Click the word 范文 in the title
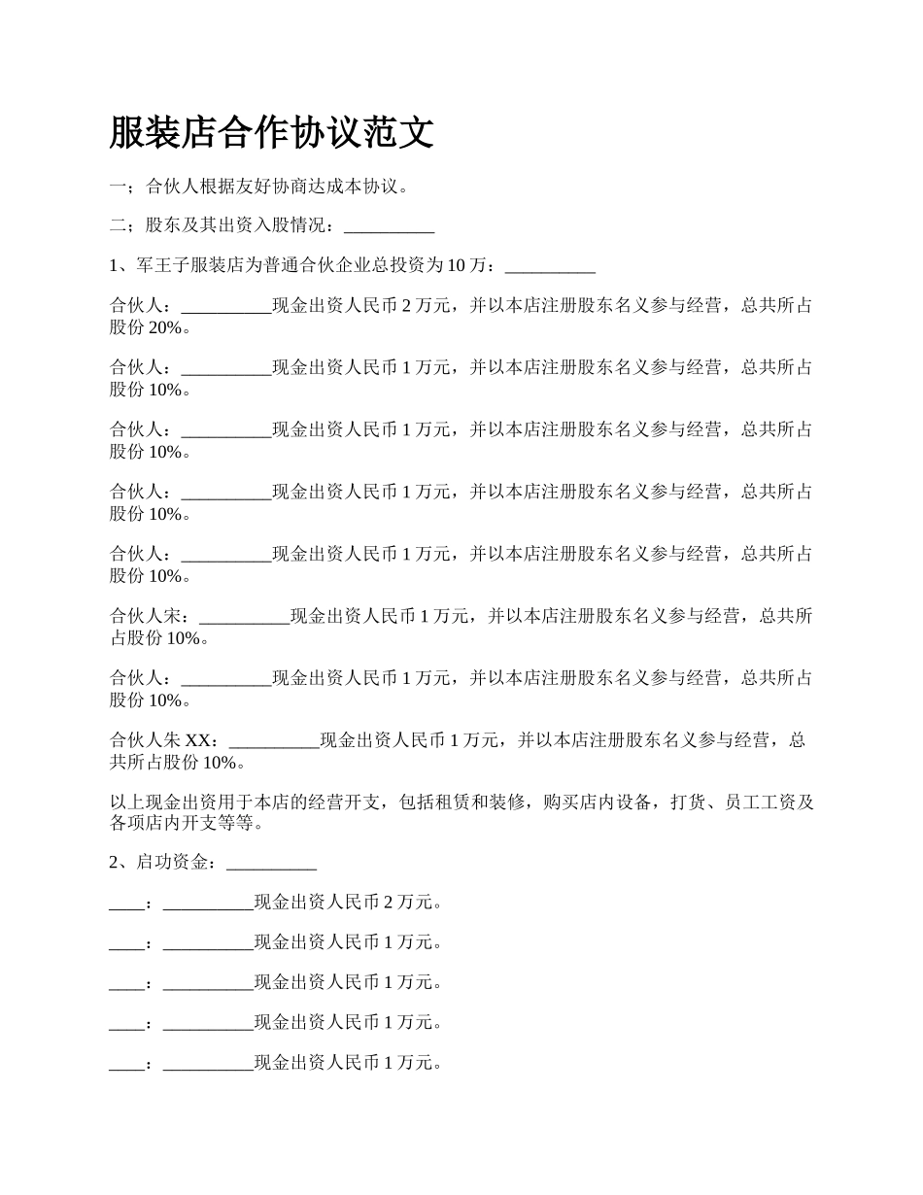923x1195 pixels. click(405, 133)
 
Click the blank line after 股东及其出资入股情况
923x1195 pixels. click(389, 226)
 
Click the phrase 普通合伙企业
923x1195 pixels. click(318, 265)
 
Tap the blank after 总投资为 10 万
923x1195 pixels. click(550, 265)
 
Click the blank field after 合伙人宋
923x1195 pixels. click(243, 615)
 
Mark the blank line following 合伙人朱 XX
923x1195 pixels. click(274, 739)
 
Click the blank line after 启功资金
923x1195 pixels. click(271, 862)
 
